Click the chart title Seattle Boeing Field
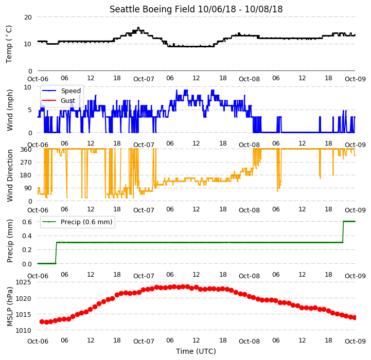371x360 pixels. click(x=152, y=9)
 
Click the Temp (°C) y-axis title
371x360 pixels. click(x=9, y=44)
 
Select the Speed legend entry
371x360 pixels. click(x=62, y=91)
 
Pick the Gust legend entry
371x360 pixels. click(x=59, y=100)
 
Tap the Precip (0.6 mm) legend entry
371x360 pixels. click(x=77, y=222)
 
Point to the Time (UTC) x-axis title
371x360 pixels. click(x=196, y=351)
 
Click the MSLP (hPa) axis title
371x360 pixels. click(x=10, y=307)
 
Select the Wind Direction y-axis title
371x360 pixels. click(x=10, y=175)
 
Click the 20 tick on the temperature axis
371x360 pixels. click(x=28, y=17)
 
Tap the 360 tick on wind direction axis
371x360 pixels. click(x=26, y=150)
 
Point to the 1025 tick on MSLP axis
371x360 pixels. click(x=24, y=282)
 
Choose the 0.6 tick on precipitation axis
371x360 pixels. click(x=27, y=222)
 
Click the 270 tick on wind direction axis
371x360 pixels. click(x=26, y=163)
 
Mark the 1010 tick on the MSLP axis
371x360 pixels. click(x=24, y=331)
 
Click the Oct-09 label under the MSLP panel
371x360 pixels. click(x=355, y=341)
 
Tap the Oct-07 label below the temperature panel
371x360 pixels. click(x=144, y=79)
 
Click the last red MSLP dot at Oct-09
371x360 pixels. click(x=354, y=318)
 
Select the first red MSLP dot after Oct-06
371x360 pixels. click(x=42, y=321)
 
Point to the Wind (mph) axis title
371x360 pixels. click(x=10, y=110)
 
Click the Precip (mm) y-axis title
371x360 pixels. click(x=10, y=241)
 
